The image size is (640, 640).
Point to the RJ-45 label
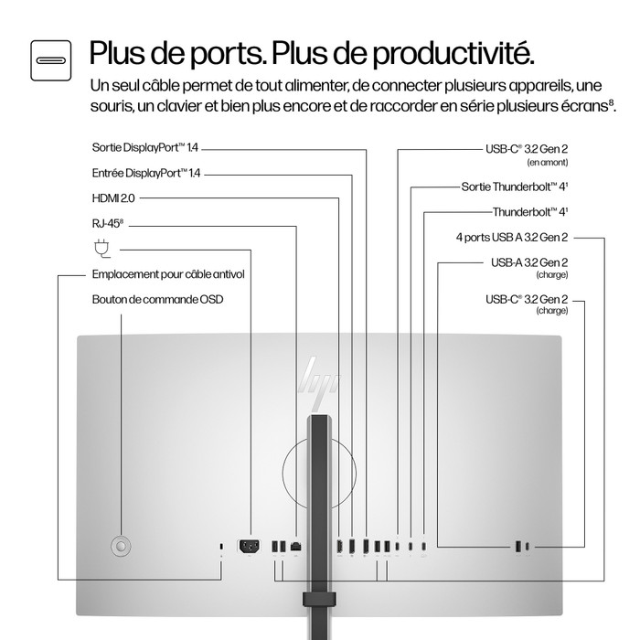point(106,222)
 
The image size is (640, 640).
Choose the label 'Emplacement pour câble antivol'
point(167,273)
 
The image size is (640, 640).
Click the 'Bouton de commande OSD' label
point(157,299)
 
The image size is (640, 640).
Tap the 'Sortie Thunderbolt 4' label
point(514,187)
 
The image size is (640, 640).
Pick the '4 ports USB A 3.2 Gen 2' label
point(512,238)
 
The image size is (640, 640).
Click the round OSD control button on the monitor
point(119,545)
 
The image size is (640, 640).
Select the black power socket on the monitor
point(248,547)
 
